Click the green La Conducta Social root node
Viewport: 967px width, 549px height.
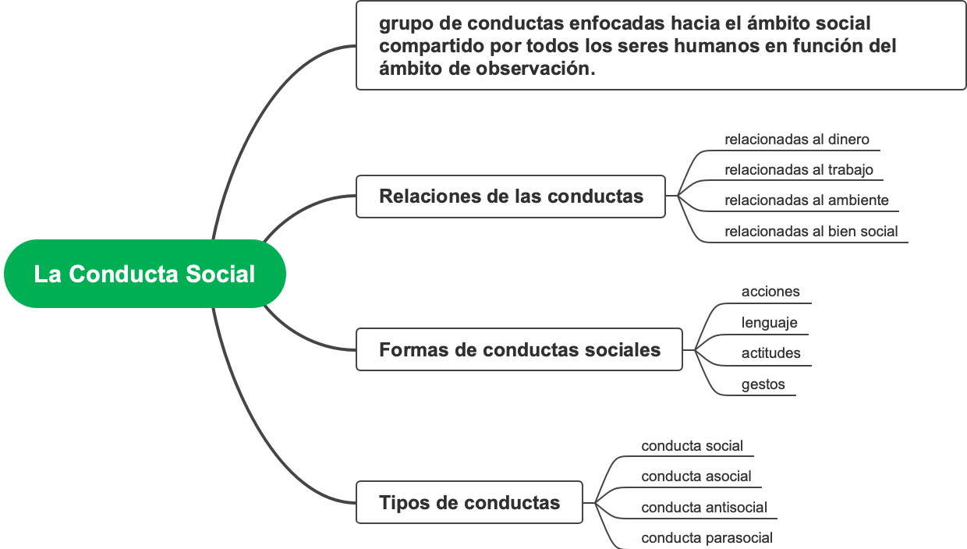(145, 274)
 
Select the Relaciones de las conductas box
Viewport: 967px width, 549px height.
(511, 196)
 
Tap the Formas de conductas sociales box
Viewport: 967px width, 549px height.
(519, 349)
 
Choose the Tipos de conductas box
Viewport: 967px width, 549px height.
(469, 502)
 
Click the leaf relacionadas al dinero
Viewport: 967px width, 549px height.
(796, 140)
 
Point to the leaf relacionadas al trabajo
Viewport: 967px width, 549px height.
(799, 169)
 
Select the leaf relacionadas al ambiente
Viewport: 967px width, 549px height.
(806, 200)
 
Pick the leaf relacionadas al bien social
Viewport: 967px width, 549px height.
(811, 231)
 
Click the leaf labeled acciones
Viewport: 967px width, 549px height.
(770, 292)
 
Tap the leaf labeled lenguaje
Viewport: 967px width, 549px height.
(769, 322)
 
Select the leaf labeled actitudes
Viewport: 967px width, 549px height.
(770, 352)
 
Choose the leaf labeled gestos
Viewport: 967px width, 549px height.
(763, 384)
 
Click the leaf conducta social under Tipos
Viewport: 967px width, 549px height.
(692, 446)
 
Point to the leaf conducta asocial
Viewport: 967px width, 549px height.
(696, 476)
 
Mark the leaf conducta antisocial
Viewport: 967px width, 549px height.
(703, 507)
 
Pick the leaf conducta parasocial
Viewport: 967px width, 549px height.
(707, 537)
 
